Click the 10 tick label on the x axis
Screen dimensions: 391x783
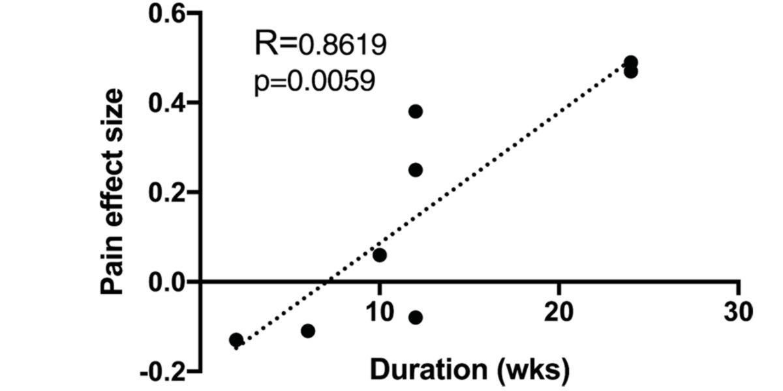pyautogui.click(x=379, y=311)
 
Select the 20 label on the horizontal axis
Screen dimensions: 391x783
pyautogui.click(x=559, y=311)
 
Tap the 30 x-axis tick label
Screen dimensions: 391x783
pyautogui.click(x=739, y=311)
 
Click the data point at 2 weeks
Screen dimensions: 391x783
pyautogui.click(x=236, y=340)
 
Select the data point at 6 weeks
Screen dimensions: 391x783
pyautogui.click(x=308, y=331)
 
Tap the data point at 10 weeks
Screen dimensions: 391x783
pyautogui.click(x=380, y=255)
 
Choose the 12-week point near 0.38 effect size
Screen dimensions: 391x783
pyautogui.click(x=416, y=111)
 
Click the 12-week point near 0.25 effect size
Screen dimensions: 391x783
pyautogui.click(x=416, y=170)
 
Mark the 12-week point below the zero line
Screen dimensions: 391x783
pyautogui.click(x=416, y=318)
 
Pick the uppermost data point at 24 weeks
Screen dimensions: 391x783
pyautogui.click(x=631, y=63)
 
